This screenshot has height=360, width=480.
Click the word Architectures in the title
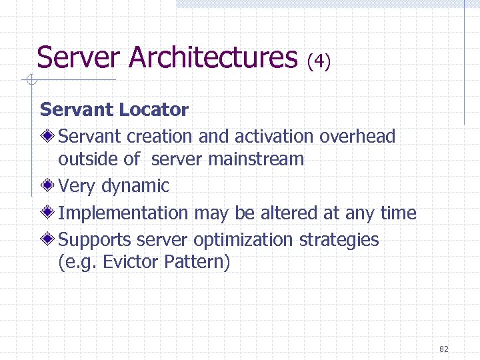213,58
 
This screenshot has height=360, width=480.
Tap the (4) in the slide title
319,62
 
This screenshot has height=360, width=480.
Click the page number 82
445,349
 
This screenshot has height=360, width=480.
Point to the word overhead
358,137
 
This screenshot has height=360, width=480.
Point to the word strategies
340,240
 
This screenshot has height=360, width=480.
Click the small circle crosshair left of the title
30,81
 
